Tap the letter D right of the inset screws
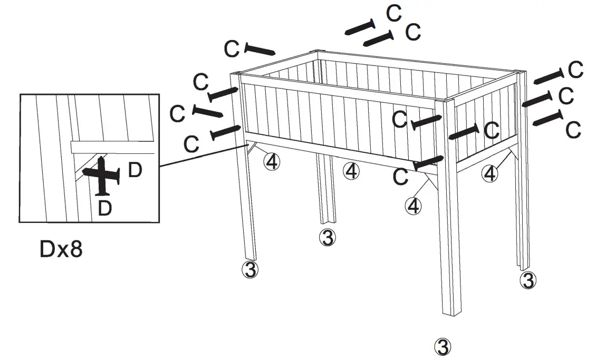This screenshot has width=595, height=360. tap(135, 171)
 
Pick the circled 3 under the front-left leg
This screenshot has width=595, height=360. tap(250, 269)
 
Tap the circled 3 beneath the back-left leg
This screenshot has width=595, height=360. tap(327, 237)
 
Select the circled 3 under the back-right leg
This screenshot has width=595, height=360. tap(527, 280)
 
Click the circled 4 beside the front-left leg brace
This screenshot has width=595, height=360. tap(272, 161)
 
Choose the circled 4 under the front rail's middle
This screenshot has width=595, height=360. tap(351, 170)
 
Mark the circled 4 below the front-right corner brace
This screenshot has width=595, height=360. tap(414, 206)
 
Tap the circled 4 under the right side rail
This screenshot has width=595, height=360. tap(491, 173)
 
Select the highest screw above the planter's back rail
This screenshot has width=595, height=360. tap(360, 27)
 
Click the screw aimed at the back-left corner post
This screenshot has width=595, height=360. tap(260, 50)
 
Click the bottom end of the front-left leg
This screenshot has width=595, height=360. tap(251, 257)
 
